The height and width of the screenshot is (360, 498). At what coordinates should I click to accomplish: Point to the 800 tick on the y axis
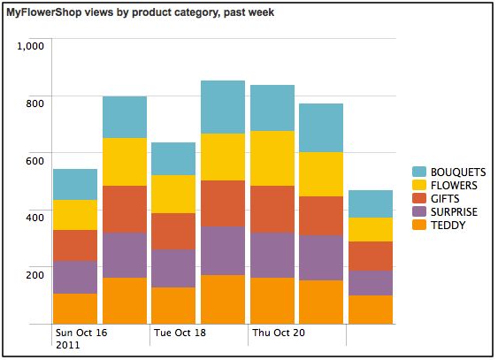(x=34, y=103)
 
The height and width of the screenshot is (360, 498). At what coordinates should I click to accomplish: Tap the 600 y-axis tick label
(x=34, y=160)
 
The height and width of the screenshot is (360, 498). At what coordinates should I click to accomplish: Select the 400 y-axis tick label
(x=34, y=218)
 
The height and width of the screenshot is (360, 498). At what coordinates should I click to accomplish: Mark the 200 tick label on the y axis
(x=34, y=274)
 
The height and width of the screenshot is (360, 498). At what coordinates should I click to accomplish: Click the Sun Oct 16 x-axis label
(x=81, y=333)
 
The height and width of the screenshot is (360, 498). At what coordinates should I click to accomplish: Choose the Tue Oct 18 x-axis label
(x=180, y=333)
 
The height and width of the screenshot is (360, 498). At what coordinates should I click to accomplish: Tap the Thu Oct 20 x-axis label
(x=279, y=333)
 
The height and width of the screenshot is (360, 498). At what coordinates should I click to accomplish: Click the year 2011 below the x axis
(x=67, y=346)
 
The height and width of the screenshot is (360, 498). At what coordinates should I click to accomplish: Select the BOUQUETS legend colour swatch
(x=419, y=172)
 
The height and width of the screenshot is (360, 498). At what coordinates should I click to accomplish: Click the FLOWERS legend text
(x=454, y=186)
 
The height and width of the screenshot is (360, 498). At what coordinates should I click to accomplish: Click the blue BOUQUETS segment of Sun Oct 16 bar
(x=75, y=184)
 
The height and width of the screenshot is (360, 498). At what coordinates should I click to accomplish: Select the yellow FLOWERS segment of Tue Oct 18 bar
(x=173, y=194)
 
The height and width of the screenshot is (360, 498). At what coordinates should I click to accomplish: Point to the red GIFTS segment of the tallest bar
(x=223, y=203)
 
